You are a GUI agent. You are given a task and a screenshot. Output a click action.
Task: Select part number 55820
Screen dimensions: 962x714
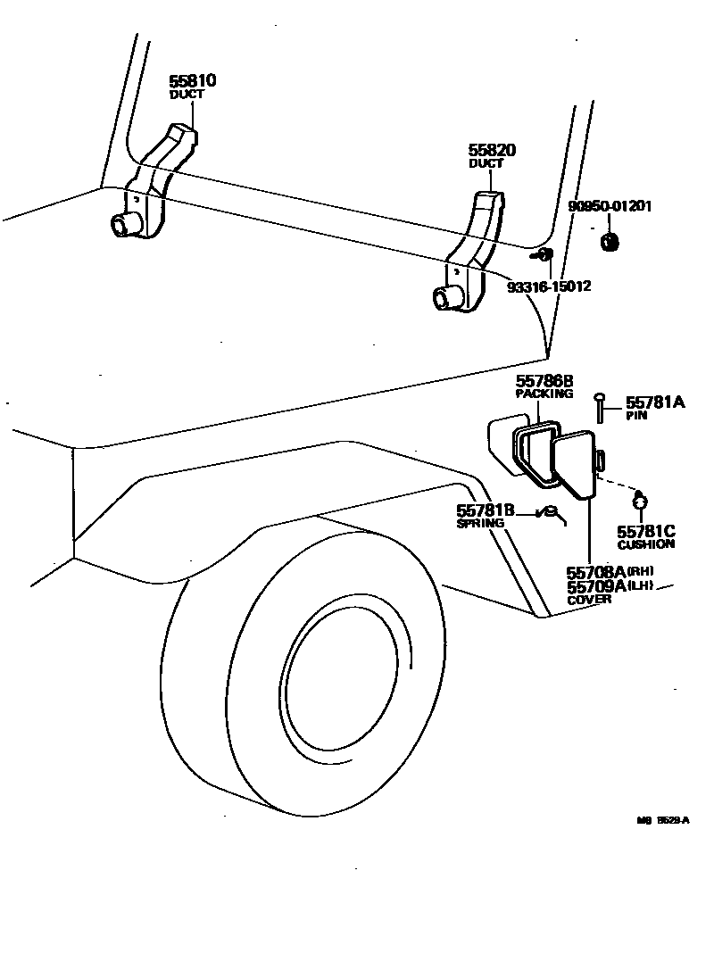click(x=492, y=151)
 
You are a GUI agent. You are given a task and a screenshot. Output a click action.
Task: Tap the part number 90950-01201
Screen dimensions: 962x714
click(x=610, y=207)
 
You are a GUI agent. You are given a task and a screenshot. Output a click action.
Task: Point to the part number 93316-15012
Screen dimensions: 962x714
click(x=549, y=287)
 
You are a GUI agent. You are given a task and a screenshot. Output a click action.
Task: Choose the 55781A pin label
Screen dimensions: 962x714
click(x=654, y=403)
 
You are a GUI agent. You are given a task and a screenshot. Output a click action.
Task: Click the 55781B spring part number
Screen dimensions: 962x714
click(x=486, y=510)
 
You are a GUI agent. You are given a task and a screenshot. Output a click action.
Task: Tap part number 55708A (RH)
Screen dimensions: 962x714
click(x=596, y=572)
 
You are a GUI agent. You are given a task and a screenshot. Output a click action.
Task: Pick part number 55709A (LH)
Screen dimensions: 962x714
click(x=596, y=586)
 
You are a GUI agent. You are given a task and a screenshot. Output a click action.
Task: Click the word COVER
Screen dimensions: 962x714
click(x=590, y=600)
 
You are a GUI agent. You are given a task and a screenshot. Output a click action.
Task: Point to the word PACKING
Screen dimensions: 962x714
click(x=544, y=394)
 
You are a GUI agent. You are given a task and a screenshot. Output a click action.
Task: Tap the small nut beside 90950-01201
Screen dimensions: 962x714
click(x=610, y=241)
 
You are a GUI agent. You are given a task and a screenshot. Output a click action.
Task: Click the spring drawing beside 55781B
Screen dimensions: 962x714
click(x=550, y=512)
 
